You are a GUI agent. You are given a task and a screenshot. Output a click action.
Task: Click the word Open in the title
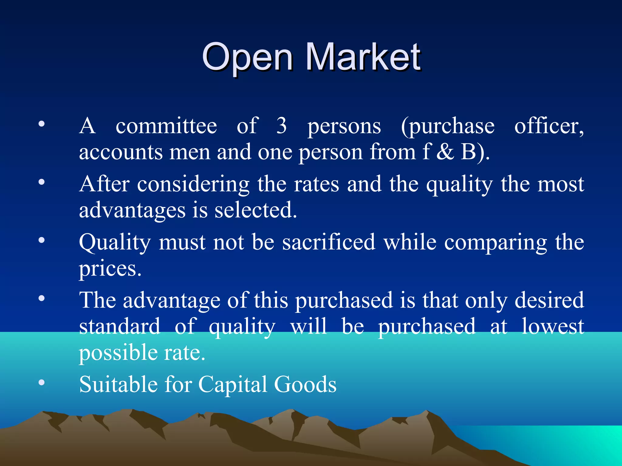(x=248, y=58)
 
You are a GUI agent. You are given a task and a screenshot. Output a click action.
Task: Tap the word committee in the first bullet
(x=166, y=126)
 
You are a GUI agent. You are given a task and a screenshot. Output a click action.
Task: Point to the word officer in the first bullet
(x=549, y=126)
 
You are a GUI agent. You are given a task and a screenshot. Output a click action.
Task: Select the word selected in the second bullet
(x=255, y=210)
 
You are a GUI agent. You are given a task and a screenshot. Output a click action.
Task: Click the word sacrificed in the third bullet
(x=329, y=242)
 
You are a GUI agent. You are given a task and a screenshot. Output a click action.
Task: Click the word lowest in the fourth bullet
(x=553, y=326)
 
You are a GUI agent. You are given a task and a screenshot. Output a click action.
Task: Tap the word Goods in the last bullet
(x=305, y=384)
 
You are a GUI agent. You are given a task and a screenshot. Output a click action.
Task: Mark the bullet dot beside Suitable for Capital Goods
(x=42, y=383)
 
